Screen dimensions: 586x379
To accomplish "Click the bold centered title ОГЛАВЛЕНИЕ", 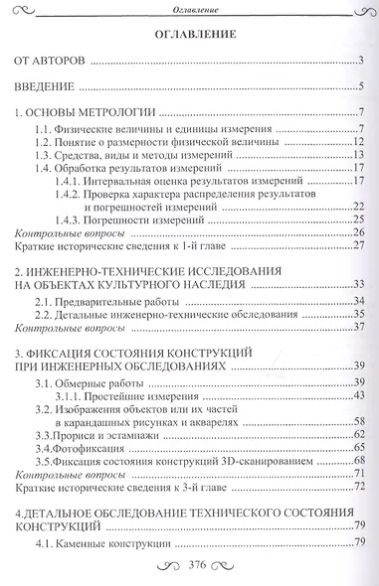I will click(193, 36).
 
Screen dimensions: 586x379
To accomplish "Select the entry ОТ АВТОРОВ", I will click(56, 63).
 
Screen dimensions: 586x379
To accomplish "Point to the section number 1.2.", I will click(42, 143).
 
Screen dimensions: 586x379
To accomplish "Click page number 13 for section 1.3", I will click(360, 157).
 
